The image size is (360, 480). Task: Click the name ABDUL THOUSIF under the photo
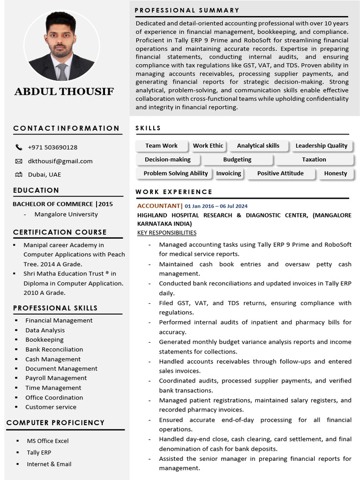(x=64, y=91)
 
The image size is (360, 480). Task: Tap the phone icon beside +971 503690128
(x=19, y=147)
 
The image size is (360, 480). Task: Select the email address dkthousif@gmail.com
(x=60, y=161)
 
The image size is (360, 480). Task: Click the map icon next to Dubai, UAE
(x=19, y=174)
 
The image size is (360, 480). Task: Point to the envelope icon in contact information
(x=19, y=161)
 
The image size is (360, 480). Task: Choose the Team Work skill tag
(x=161, y=146)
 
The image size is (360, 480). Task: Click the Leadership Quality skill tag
(x=321, y=146)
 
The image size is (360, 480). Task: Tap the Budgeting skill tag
(x=237, y=159)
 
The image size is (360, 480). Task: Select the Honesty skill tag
(x=335, y=173)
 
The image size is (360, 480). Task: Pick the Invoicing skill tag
(x=228, y=173)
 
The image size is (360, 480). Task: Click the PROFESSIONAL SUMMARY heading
(x=187, y=10)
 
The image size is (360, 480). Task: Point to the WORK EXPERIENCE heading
(x=174, y=192)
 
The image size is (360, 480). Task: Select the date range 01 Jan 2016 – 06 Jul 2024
(x=216, y=206)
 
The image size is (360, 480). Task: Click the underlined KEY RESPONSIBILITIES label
(x=166, y=232)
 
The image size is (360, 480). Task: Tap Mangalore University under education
(x=66, y=214)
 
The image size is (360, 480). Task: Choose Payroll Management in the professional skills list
(x=56, y=378)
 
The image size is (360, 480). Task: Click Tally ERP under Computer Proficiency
(x=39, y=452)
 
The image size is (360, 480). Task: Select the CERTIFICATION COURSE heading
(x=60, y=232)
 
